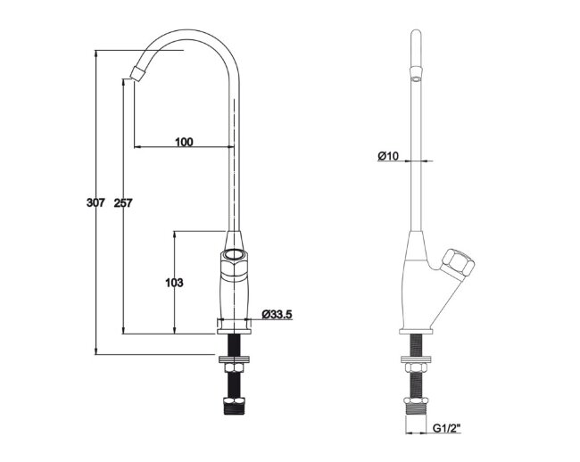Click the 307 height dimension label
pos(95,202)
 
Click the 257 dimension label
pos(123,203)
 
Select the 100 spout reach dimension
pos(184,142)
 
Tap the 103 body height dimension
pos(174,283)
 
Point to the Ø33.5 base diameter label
pos(277,315)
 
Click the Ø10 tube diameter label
pos(388,156)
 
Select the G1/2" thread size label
pos(447,428)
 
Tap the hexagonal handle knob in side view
pos(459,263)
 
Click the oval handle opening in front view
pos(234,254)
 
